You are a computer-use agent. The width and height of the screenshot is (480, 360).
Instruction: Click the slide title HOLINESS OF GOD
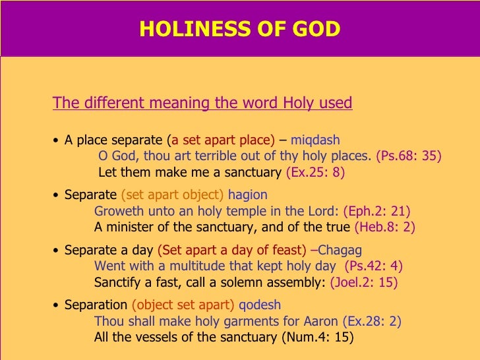coord(240,29)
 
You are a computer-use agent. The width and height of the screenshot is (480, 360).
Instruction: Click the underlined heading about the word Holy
coord(202,104)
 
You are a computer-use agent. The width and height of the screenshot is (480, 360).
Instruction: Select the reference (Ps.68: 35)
coord(408,156)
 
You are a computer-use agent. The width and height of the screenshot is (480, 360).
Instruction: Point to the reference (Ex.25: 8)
coord(315,173)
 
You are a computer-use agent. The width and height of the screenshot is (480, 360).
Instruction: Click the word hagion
coord(247,195)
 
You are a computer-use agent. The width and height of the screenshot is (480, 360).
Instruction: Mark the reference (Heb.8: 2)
coord(384,227)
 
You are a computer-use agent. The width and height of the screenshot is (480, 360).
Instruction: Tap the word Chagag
coord(339,251)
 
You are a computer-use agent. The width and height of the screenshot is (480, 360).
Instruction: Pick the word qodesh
coord(260,305)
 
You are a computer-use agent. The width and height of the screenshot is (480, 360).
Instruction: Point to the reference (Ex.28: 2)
coord(372,321)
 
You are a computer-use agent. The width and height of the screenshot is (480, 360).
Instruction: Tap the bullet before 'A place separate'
coord(57,140)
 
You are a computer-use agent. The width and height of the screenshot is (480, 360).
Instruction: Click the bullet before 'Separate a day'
coord(57,251)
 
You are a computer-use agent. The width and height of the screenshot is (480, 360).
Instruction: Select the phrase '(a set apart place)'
coord(221,140)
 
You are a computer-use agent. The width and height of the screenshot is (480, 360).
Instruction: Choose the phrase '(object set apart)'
coord(183,305)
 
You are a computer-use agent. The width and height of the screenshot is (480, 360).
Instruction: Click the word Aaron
coord(320,321)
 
